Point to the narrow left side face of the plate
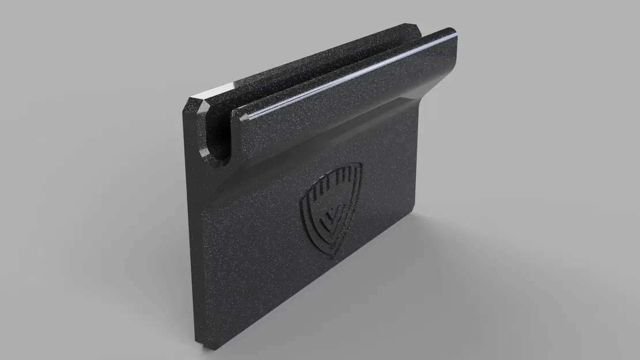click(x=192, y=230)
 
